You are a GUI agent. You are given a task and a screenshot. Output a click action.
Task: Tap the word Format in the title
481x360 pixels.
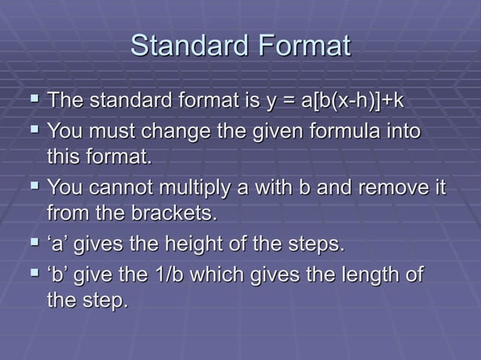305,46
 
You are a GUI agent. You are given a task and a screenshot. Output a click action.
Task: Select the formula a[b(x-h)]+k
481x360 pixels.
353,100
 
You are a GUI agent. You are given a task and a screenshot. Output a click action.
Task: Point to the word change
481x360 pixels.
170,133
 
